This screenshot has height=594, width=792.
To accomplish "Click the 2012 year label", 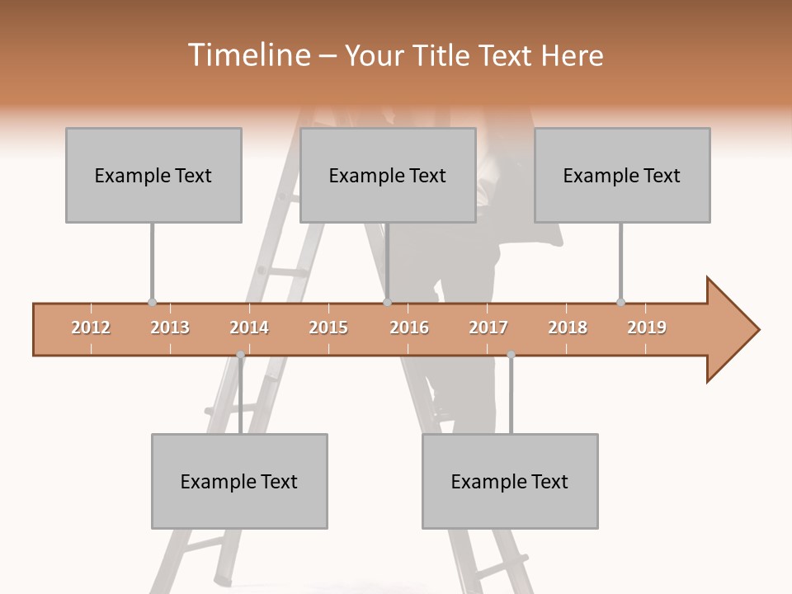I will pyautogui.click(x=91, y=328).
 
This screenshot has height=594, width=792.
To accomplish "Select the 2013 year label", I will pyautogui.click(x=170, y=328).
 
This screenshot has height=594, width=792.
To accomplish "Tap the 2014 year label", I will pyautogui.click(x=249, y=328).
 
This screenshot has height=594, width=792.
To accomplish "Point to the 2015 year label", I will pyautogui.click(x=328, y=328).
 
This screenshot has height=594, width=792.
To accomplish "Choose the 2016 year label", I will pyautogui.click(x=409, y=328).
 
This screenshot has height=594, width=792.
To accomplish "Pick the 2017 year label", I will pyautogui.click(x=488, y=328).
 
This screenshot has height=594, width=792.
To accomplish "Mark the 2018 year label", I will pyautogui.click(x=568, y=328).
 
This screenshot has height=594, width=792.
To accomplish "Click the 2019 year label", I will pyautogui.click(x=647, y=328).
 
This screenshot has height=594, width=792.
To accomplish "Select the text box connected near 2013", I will pyautogui.click(x=153, y=175).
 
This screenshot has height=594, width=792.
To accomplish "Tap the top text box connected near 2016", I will pyautogui.click(x=388, y=175).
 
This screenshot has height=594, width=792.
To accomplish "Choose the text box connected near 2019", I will pyautogui.click(x=622, y=175).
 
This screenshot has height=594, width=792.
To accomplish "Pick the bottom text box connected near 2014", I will pyautogui.click(x=239, y=481).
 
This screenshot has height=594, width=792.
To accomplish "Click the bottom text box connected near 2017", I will pyautogui.click(x=510, y=481).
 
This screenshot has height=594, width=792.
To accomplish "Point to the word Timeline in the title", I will pyautogui.click(x=248, y=55).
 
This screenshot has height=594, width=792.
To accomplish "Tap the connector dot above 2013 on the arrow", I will pyautogui.click(x=152, y=303).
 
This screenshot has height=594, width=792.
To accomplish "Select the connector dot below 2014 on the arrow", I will pyautogui.click(x=240, y=355).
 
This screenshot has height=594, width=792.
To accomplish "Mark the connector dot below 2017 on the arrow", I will pyautogui.click(x=511, y=355).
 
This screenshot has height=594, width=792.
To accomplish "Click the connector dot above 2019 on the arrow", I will pyautogui.click(x=620, y=303).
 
